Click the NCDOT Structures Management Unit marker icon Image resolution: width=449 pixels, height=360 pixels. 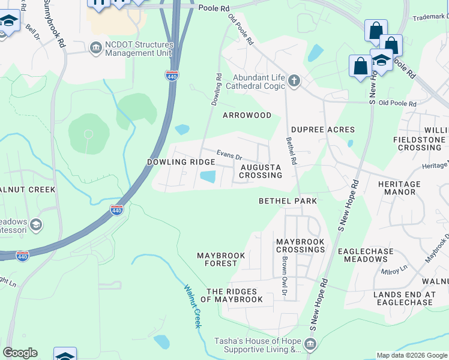tap(95, 47)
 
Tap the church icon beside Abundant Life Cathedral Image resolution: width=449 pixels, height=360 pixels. tap(294, 80)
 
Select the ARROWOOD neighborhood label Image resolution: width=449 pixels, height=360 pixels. tap(247, 115)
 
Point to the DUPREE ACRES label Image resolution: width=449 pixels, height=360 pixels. tap(323, 130)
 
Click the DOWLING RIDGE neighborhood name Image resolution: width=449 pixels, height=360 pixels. tap(181, 163)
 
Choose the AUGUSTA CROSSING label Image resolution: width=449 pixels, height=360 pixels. tap(261, 171)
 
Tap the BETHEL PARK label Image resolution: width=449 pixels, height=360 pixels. tap(288, 200)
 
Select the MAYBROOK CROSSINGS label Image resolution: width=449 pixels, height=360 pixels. tap(300, 245)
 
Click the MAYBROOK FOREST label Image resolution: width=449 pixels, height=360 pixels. tap(221, 260)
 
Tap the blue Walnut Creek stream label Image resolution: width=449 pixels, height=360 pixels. tap(193, 306)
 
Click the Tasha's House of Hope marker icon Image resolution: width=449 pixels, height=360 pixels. tap(310, 344)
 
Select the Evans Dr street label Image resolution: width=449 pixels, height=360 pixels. tap(229, 155)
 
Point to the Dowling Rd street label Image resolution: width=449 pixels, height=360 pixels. tap(216, 90)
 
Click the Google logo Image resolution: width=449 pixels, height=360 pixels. tap(20, 353)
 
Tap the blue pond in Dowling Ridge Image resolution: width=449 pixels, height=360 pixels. tap(208, 177)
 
